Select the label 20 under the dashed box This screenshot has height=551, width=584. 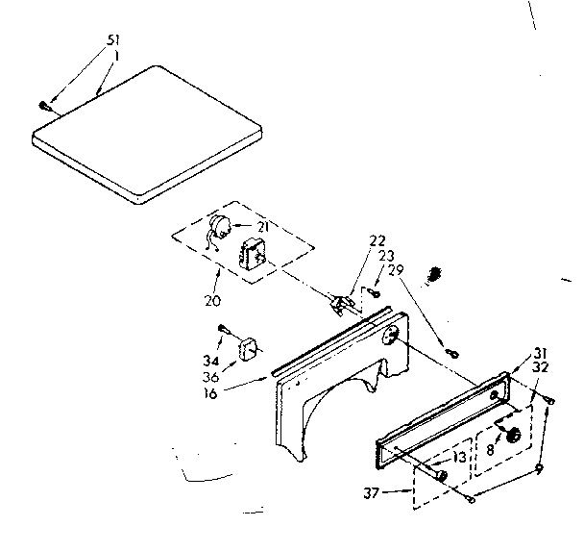click(x=212, y=300)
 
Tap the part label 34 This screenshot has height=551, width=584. click(x=210, y=361)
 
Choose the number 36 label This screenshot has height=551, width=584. click(x=210, y=376)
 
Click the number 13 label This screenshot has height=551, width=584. click(x=461, y=458)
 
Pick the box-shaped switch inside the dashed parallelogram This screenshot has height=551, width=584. click(x=254, y=256)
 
